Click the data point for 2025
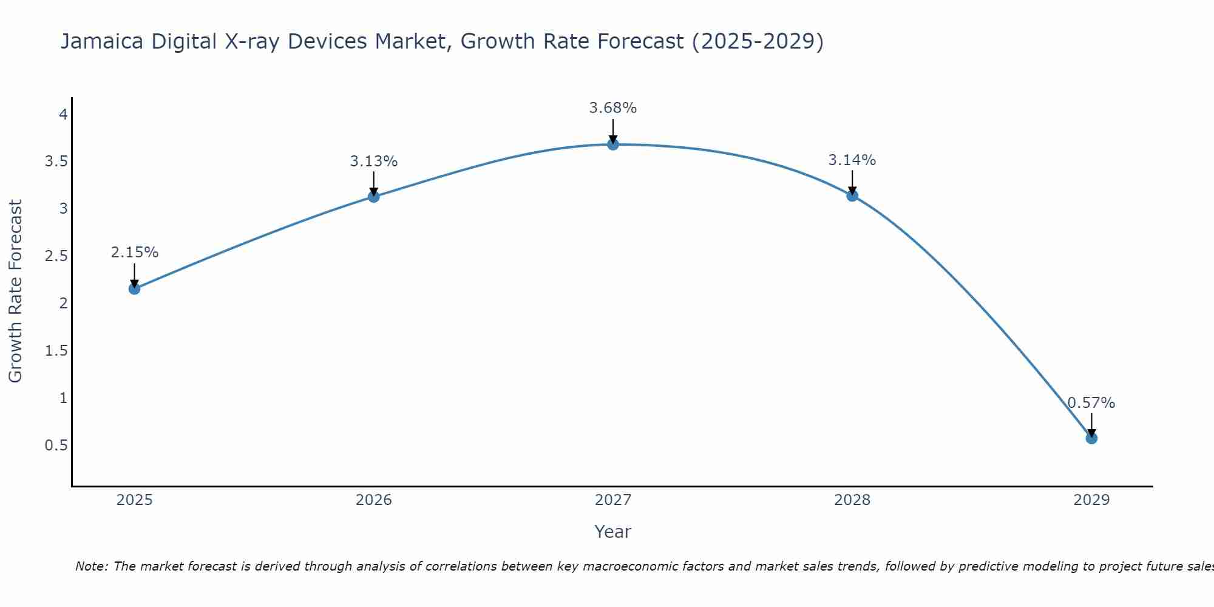click(x=134, y=289)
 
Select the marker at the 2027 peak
click(x=612, y=144)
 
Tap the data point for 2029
click(x=1091, y=438)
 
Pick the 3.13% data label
click(x=373, y=161)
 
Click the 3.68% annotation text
click(x=612, y=108)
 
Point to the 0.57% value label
click(x=1091, y=403)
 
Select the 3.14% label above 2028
click(x=852, y=160)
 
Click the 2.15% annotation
click(x=134, y=253)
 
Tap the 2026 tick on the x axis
click(x=373, y=500)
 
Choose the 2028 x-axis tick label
click(x=852, y=500)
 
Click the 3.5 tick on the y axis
click(x=56, y=161)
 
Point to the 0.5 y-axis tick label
click(x=56, y=446)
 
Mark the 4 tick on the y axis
click(x=63, y=115)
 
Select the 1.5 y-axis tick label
click(x=56, y=351)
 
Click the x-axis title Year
click(x=612, y=532)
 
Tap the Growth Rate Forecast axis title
click(x=16, y=291)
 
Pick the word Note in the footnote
click(x=90, y=566)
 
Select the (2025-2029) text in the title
click(x=757, y=41)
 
